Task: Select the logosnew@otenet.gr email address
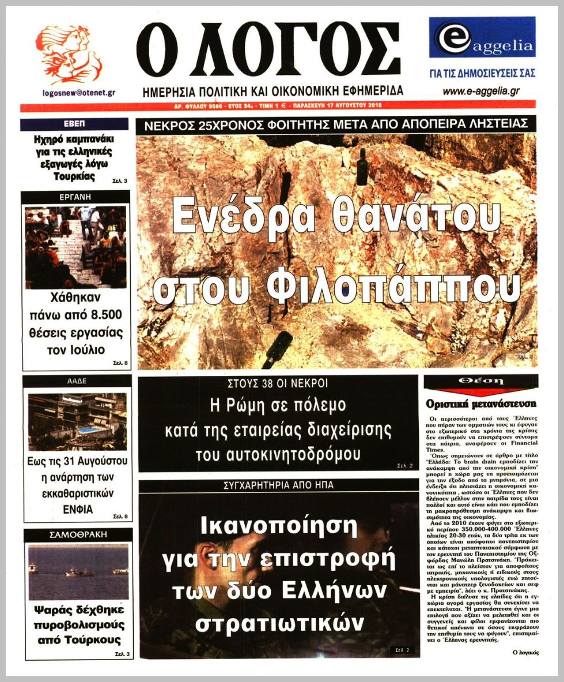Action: pos(79,92)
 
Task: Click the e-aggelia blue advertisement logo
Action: pos(482,37)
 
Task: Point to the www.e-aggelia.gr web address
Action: pos(481,91)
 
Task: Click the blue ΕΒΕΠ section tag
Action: pos(74,124)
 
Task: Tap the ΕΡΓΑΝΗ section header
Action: pos(75,197)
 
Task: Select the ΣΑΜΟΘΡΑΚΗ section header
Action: pos(78,534)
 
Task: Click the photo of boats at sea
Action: pos(78,571)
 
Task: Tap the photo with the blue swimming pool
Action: pos(77,421)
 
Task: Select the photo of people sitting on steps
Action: pos(75,247)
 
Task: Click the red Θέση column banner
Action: pos(480,382)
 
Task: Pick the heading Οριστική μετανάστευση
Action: pos(480,404)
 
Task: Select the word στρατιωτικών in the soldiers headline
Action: pos(280,623)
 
